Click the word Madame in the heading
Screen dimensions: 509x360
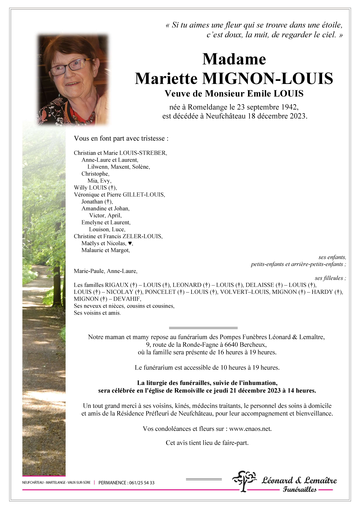(234, 59)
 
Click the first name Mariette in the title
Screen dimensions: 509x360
(166, 79)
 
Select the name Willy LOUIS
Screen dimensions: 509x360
(90, 188)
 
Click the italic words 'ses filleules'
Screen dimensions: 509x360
(330, 278)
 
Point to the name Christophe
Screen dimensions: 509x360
(95, 174)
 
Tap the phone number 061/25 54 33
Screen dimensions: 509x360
(142, 483)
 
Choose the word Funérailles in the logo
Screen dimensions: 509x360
(300, 490)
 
